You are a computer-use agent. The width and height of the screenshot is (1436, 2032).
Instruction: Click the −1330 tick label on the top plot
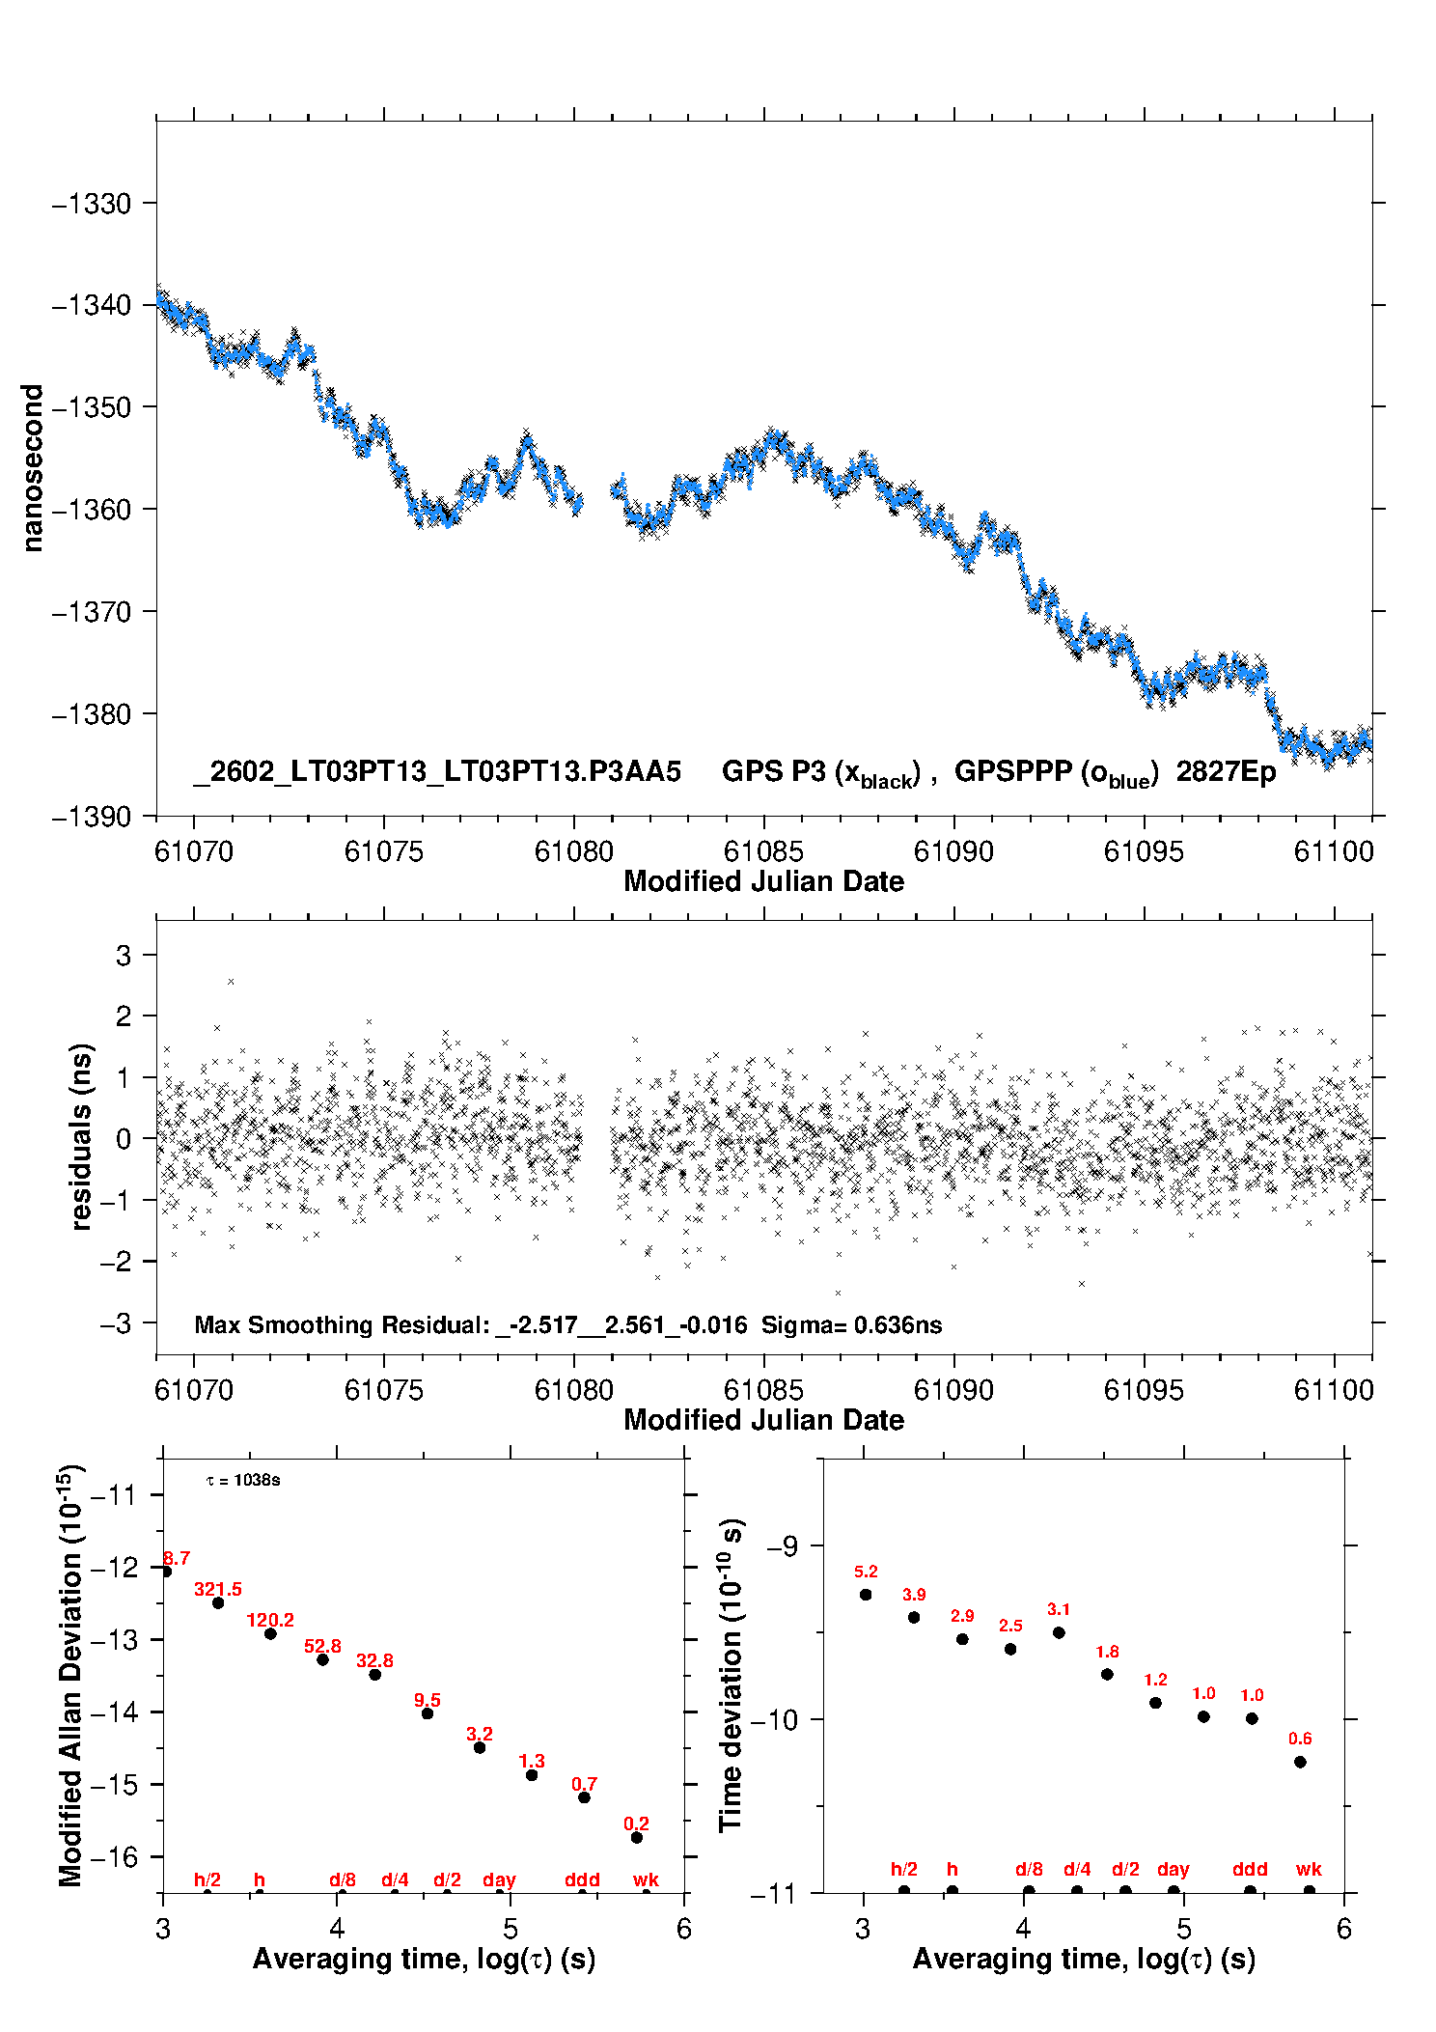pos(91,204)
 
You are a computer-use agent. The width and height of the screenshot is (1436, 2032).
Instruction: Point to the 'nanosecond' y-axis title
pos(32,468)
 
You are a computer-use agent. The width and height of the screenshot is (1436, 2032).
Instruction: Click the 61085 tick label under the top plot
pos(763,851)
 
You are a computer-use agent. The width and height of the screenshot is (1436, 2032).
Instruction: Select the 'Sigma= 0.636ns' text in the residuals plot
pos(851,1324)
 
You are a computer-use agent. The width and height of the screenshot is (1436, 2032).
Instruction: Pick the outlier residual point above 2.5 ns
pos(231,982)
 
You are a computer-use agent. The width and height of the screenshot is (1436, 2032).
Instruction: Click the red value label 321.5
pos(218,1589)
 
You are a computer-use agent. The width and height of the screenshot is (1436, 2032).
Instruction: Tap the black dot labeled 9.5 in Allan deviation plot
pos(428,1713)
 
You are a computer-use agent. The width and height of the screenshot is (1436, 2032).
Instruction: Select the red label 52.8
pos(322,1646)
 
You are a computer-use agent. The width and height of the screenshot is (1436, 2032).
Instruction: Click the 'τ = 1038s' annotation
pos(243,1480)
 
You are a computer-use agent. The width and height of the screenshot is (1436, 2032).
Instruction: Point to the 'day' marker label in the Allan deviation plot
pos(499,1879)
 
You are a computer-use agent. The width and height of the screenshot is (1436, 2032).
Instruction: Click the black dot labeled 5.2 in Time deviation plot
pos(866,1595)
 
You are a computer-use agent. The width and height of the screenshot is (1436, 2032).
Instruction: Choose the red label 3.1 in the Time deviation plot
pos(1059,1609)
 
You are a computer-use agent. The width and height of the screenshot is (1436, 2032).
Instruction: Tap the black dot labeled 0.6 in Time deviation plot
pos(1300,1762)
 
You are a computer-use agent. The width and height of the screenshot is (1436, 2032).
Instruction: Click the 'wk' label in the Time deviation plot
pos(1309,1869)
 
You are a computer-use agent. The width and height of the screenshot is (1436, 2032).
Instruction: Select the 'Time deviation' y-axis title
pos(731,1675)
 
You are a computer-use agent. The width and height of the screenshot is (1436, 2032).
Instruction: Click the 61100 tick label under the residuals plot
pos(1333,1390)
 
